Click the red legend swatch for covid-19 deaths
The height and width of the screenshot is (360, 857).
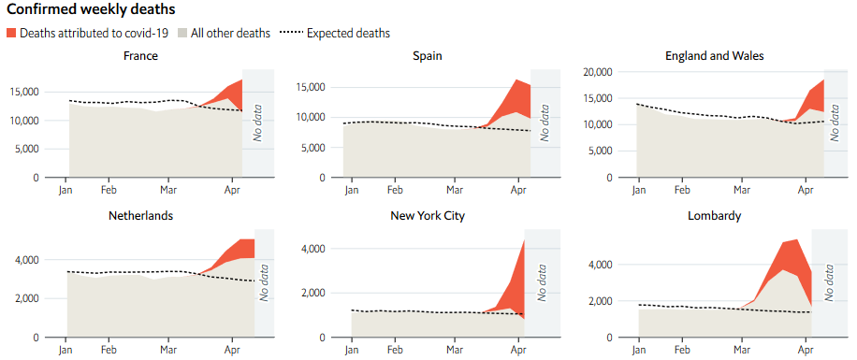click(x=11, y=33)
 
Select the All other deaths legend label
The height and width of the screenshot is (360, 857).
click(x=230, y=33)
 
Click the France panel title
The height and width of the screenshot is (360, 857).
click(x=140, y=55)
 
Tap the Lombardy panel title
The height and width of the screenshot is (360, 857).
click(x=715, y=215)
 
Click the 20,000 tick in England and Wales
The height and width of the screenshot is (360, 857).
click(x=596, y=72)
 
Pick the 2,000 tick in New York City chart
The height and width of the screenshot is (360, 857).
click(x=311, y=293)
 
